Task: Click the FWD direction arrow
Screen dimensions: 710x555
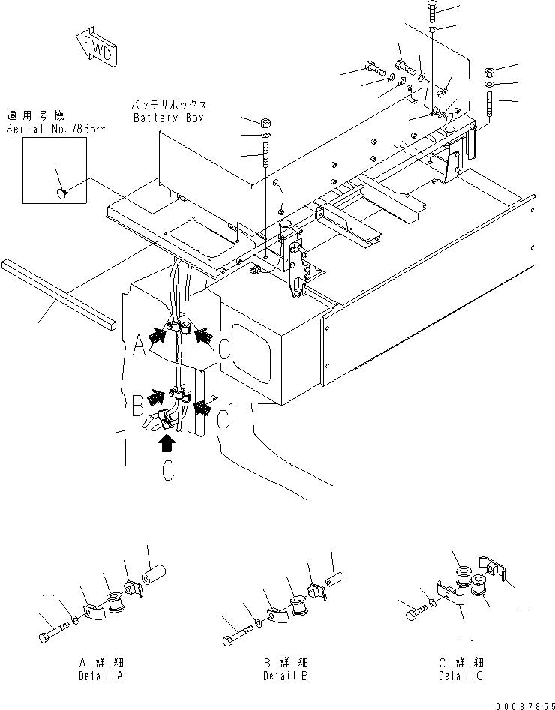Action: point(95,47)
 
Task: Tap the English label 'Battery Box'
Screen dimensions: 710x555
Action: point(169,118)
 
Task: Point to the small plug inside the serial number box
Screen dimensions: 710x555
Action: point(61,195)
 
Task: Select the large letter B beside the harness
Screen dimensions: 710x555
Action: point(137,407)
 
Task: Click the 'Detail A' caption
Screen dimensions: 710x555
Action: point(103,669)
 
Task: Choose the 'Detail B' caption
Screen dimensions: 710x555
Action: point(286,669)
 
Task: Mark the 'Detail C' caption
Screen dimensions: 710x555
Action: point(461,669)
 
